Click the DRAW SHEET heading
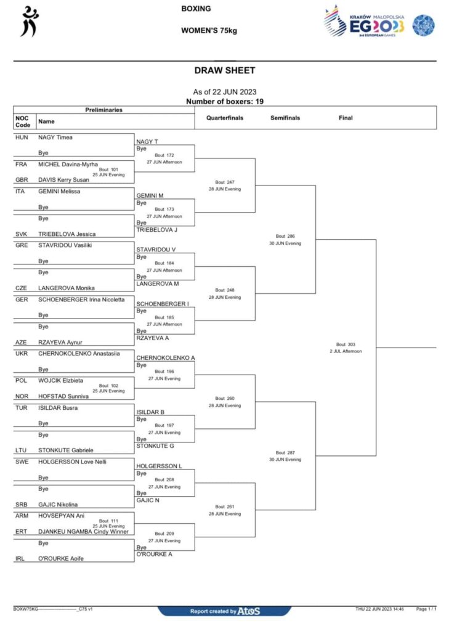point(224,70)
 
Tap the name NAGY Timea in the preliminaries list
point(55,137)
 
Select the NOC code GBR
point(22,180)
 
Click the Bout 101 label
point(108,169)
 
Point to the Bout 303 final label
point(346,344)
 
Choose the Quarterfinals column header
point(225,118)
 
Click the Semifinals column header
point(285,118)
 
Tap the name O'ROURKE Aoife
point(61,558)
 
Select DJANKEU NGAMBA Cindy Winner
point(83,531)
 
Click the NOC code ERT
point(22,531)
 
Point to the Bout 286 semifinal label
point(285,236)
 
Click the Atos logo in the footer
point(249,611)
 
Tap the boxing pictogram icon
point(30,22)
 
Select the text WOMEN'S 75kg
point(209,31)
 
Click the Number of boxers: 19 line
point(224,102)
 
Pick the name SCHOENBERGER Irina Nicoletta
point(81,299)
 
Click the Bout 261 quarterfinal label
point(225,507)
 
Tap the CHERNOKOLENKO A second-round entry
point(165,357)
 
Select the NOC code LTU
point(21,450)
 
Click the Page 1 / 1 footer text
point(426,609)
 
